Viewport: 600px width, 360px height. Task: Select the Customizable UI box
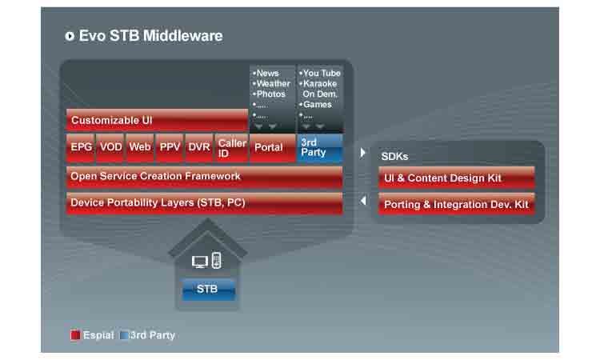pyautogui.click(x=157, y=120)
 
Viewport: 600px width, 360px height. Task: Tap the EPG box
pyautogui.click(x=81, y=147)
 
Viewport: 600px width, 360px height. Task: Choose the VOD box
pyautogui.click(x=110, y=147)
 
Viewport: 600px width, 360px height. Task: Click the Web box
pyautogui.click(x=139, y=147)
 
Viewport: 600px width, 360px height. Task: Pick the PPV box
pyautogui.click(x=170, y=147)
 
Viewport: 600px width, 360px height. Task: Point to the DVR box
pyautogui.click(x=198, y=147)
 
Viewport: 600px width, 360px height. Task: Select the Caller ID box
pyautogui.click(x=232, y=147)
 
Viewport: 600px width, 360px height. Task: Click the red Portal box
pyautogui.click(x=272, y=147)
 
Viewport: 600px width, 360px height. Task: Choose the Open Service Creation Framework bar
pyautogui.click(x=204, y=177)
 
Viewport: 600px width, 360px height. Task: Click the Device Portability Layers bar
pyautogui.click(x=204, y=203)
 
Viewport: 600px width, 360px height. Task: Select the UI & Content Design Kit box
pyautogui.click(x=456, y=178)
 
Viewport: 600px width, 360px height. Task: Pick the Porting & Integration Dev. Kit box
pyautogui.click(x=456, y=204)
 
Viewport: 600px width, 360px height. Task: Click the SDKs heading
pyautogui.click(x=394, y=157)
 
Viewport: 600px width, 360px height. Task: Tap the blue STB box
pyautogui.click(x=208, y=289)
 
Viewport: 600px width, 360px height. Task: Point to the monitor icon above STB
pyautogui.click(x=200, y=261)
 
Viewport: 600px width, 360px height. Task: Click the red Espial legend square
pyautogui.click(x=75, y=335)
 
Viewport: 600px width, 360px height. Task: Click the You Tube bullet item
pyautogui.click(x=321, y=73)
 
